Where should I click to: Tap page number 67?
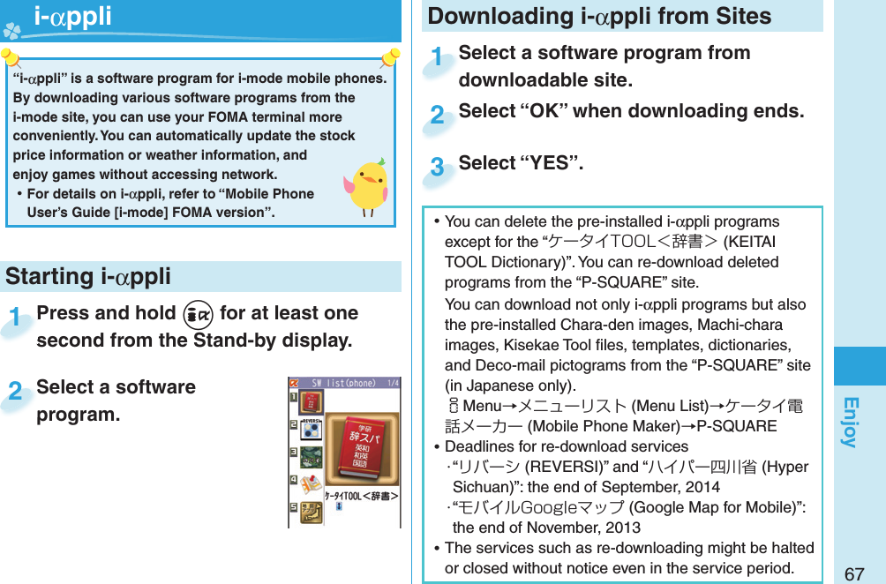click(x=853, y=574)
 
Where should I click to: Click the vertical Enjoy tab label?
click(x=850, y=422)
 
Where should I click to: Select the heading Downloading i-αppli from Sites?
click(x=599, y=16)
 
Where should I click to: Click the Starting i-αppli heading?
click(x=88, y=276)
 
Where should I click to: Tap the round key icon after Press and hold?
click(x=198, y=314)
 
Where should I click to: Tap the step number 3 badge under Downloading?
click(x=437, y=168)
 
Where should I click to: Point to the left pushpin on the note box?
click(x=11, y=60)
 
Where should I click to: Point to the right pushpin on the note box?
click(x=389, y=60)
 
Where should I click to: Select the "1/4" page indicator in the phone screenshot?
click(x=392, y=383)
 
